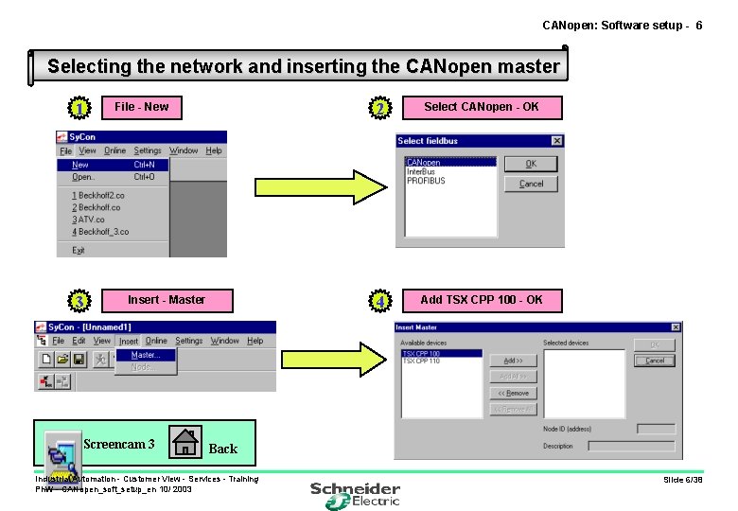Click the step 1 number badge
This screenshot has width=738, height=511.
pos(80,109)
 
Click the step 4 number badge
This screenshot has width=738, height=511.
pos(378,302)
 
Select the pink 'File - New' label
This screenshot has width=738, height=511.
pos(141,107)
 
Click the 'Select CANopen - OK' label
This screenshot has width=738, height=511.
pos(481,107)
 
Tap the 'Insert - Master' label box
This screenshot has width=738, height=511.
pos(167,300)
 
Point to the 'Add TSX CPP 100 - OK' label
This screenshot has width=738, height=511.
pos(481,300)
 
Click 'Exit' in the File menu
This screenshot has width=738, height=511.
pos(78,251)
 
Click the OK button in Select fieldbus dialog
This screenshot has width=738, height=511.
pos(531,164)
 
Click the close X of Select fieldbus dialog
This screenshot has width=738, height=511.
pos(556,141)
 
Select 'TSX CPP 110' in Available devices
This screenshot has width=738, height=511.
pos(421,361)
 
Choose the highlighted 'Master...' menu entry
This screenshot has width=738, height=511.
pos(146,355)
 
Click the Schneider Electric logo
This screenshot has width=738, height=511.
pos(356,494)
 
